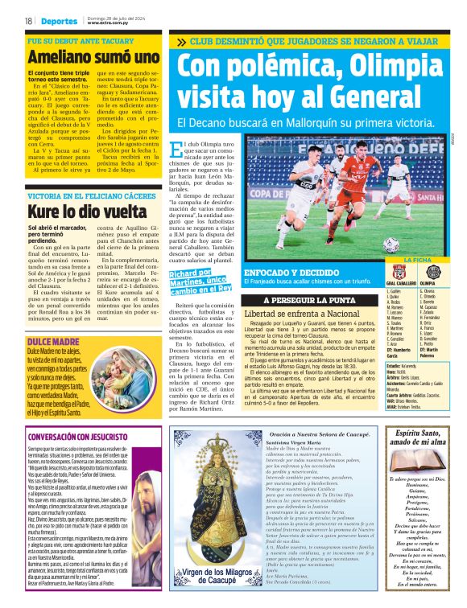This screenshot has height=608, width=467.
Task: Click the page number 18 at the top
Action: [x=28, y=21]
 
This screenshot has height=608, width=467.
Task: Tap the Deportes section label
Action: [x=60, y=21]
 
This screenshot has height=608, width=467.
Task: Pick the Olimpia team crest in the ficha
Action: [x=430, y=273]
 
